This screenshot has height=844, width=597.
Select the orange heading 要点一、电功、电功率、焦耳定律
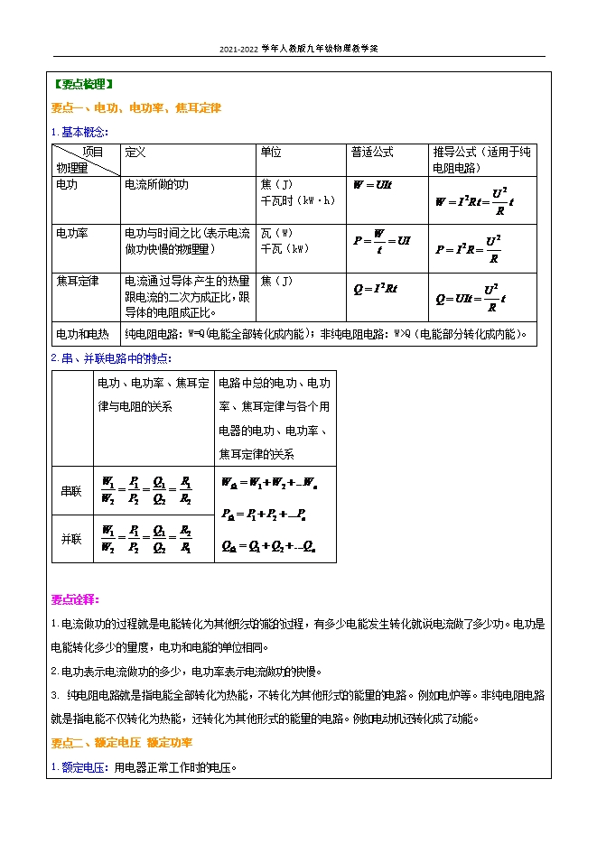point(136,107)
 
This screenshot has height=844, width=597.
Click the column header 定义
point(135,152)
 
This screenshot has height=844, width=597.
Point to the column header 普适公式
point(372,152)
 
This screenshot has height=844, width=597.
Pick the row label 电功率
point(72,233)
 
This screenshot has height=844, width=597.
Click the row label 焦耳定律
point(76,281)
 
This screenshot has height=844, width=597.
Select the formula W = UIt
point(372,184)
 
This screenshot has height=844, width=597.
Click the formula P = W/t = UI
point(382,242)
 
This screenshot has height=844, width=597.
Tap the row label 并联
point(71,538)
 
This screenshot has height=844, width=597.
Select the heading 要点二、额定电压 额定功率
point(121,742)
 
